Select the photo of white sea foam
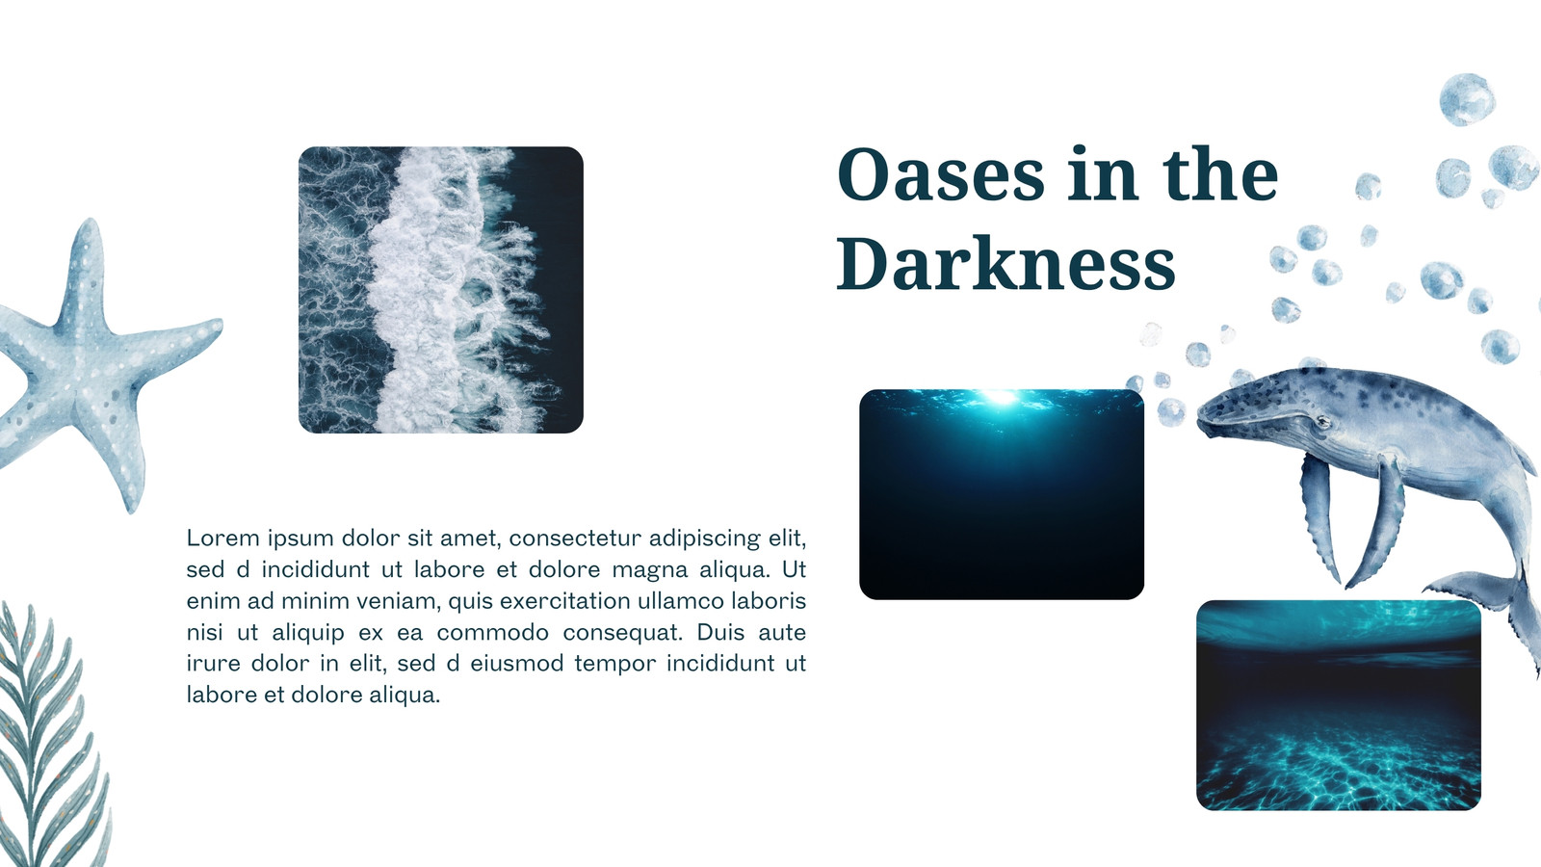tap(441, 290)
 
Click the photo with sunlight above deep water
tap(1002, 494)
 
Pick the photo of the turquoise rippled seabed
tap(1339, 704)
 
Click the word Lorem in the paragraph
tap(223, 538)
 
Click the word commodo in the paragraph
tap(492, 632)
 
